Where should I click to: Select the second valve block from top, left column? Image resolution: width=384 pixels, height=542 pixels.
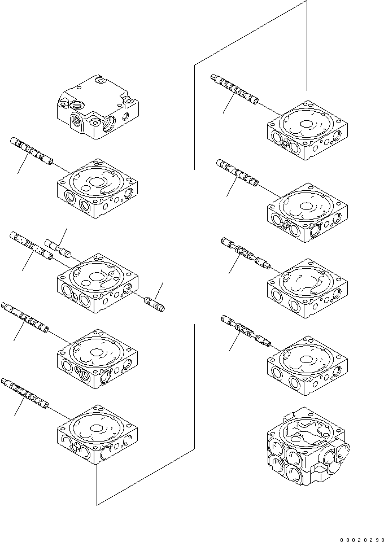(97, 189)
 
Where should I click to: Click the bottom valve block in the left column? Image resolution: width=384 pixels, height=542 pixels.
(97, 434)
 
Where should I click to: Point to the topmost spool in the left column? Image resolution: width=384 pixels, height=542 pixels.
(31, 151)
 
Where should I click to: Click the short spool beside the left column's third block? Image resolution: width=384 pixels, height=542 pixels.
(59, 248)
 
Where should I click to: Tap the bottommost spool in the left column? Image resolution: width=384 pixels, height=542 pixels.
(25, 393)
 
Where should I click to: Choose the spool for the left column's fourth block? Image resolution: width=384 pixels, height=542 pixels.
(25, 320)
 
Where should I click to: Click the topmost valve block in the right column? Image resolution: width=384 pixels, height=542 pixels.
(306, 131)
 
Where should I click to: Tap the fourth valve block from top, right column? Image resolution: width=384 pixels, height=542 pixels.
(306, 367)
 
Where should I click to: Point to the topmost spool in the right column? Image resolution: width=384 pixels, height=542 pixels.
(234, 89)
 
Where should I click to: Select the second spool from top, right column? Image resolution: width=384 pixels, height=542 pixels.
(237, 173)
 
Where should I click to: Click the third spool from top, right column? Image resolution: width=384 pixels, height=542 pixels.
(246, 252)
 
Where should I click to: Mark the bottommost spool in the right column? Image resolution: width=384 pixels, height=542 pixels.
(246, 330)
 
